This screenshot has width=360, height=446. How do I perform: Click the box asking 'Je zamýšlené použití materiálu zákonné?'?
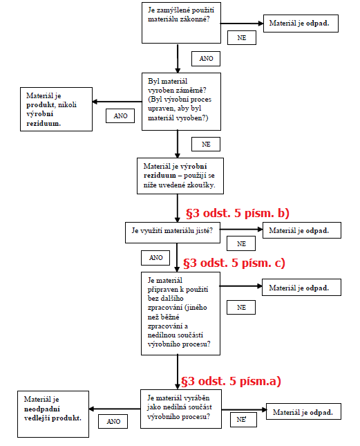[x=181, y=23]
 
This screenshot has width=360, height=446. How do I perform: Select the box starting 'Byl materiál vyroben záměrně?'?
[x=181, y=102]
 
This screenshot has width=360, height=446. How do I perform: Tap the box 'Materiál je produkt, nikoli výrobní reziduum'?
[x=56, y=109]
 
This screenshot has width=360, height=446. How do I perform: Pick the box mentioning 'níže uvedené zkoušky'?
[x=180, y=176]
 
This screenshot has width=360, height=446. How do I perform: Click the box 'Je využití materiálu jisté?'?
[x=173, y=232]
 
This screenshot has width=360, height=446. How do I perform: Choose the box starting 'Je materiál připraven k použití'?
[x=180, y=313]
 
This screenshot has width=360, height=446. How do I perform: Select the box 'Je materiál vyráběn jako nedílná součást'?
[x=181, y=409]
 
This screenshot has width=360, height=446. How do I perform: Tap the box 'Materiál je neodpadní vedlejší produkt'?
[x=53, y=414]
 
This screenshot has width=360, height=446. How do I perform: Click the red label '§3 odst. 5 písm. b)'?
[x=238, y=213]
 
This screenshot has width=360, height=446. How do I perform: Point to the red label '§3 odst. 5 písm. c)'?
[x=234, y=263]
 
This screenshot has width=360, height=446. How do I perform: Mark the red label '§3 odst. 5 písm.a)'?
[x=231, y=381]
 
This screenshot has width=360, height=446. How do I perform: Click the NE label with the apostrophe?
[x=243, y=420]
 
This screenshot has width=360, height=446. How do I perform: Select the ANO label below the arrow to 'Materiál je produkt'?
[x=120, y=116]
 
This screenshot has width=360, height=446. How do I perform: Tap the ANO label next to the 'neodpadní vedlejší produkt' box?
[x=113, y=422]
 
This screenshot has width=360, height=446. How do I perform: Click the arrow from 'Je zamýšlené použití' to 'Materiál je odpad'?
[x=242, y=24]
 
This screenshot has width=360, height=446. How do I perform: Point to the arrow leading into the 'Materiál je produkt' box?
[x=117, y=102]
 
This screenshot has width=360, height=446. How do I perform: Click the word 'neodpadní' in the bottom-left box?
[x=42, y=409]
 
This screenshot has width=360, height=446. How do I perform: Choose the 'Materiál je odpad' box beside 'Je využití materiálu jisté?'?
[x=302, y=230]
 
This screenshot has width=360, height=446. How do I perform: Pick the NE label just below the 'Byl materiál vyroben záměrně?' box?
[x=206, y=145]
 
